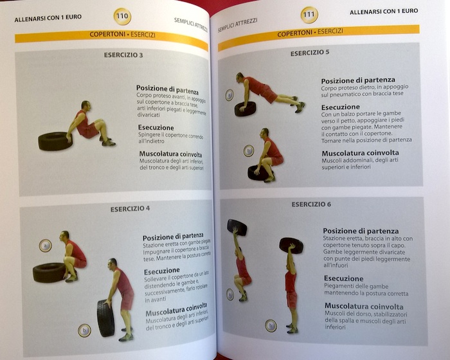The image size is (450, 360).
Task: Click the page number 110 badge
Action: (122, 15)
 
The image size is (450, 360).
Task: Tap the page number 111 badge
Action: (309, 14)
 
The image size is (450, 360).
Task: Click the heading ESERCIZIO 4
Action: (130, 208)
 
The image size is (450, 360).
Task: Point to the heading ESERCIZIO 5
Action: (309, 53)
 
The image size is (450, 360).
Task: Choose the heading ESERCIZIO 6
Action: (311, 204)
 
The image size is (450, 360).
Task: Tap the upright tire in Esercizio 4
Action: (105, 318)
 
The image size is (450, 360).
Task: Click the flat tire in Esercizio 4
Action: (49, 272)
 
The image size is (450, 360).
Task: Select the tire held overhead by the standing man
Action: (291, 245)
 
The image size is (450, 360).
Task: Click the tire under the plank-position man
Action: (244, 109)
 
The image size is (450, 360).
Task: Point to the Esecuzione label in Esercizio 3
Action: (156, 127)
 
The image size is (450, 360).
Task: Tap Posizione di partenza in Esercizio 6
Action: (361, 231)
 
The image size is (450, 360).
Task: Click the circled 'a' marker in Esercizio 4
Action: (45, 245)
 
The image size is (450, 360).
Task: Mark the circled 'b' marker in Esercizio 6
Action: (271, 325)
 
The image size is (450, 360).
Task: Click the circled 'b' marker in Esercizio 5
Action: (248, 151)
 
